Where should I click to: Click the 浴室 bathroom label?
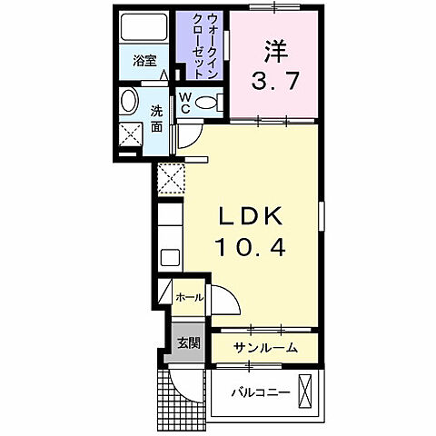click(x=144, y=62)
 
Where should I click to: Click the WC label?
click(x=184, y=101)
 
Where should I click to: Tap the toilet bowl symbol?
click(x=208, y=103)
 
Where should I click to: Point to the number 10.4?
click(x=250, y=246)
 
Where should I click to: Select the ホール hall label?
click(x=188, y=297)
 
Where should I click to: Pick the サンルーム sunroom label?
click(x=265, y=349)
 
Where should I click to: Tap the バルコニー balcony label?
click(x=261, y=393)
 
